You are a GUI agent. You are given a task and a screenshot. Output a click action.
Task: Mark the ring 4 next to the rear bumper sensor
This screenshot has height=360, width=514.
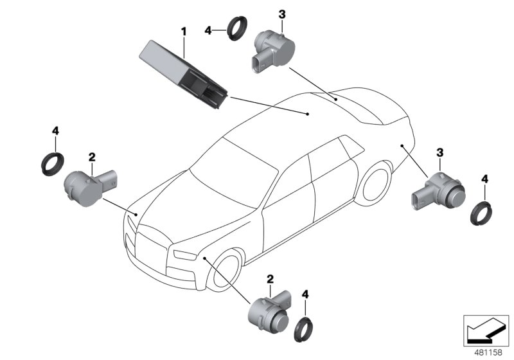[x=481, y=213]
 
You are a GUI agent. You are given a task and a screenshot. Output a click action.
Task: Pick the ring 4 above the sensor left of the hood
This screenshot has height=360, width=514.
[x=52, y=161]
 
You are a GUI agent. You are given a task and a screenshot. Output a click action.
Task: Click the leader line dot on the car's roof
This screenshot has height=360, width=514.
[x=308, y=114]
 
